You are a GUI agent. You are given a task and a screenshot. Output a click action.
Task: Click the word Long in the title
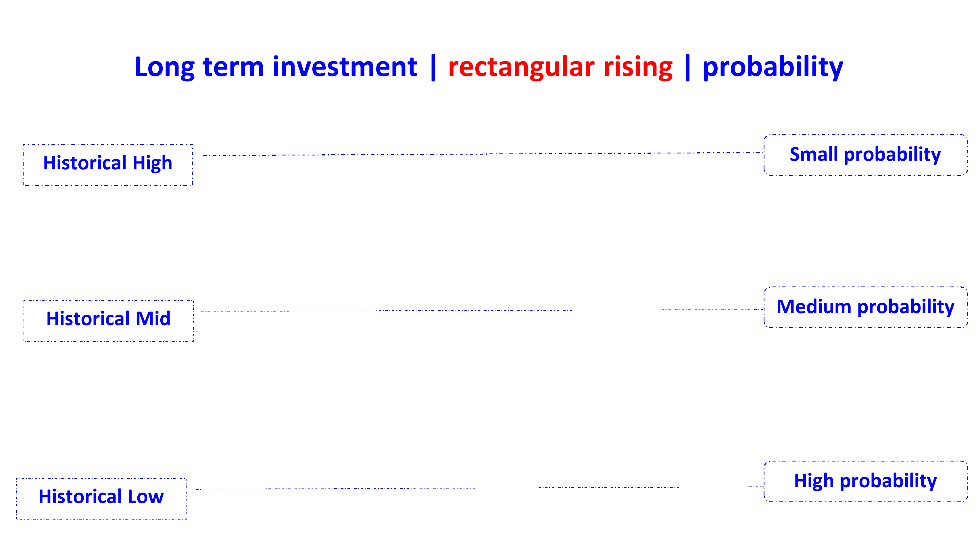point(164,68)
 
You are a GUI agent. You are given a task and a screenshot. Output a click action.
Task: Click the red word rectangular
point(521,68)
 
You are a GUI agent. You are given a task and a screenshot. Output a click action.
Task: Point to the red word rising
point(638,68)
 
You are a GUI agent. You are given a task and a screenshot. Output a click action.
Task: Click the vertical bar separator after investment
point(433,68)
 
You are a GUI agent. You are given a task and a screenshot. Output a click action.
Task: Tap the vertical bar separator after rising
point(687,68)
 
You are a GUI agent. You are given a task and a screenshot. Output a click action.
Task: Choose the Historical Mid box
point(109,321)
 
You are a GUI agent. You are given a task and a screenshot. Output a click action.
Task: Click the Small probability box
point(865,155)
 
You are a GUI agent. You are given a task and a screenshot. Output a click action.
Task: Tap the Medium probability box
point(865,307)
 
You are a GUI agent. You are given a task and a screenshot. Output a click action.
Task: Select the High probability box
point(865,481)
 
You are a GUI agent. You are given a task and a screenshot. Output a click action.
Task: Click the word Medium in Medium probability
point(814,306)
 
